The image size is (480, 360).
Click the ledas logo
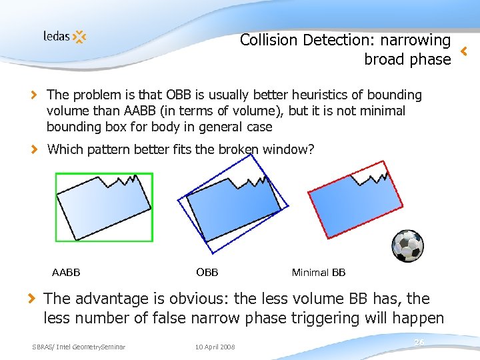pyautogui.click(x=65, y=36)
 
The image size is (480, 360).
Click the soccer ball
pyautogui.click(x=407, y=245)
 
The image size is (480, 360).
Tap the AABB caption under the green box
pyautogui.click(x=66, y=272)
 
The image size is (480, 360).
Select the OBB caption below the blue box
pyautogui.click(x=207, y=271)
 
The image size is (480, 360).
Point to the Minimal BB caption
pyautogui.click(x=319, y=272)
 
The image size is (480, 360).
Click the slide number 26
pyautogui.click(x=419, y=342)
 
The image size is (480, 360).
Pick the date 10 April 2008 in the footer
pyautogui.click(x=215, y=346)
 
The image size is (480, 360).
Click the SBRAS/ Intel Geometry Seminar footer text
pyautogui.click(x=79, y=346)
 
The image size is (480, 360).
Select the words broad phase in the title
pyautogui.click(x=407, y=59)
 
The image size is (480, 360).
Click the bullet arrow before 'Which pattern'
pyautogui.click(x=36, y=149)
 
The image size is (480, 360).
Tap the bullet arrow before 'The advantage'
pyautogui.click(x=32, y=298)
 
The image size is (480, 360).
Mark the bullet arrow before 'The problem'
pyautogui.click(x=36, y=95)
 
